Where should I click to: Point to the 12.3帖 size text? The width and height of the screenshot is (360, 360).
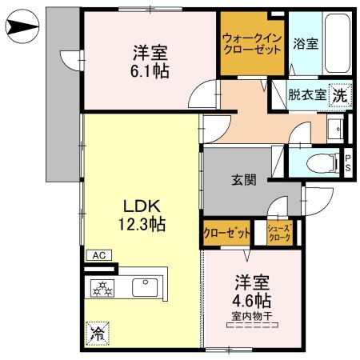point(142,225)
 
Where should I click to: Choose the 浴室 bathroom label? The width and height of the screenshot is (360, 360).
point(306,43)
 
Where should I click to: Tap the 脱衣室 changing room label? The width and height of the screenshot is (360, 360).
point(307,94)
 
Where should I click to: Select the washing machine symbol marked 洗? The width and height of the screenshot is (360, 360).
point(339,94)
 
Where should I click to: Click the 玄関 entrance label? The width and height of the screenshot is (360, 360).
point(244,181)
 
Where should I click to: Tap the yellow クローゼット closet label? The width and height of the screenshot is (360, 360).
point(227,232)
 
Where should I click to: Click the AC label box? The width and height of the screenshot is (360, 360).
point(99,255)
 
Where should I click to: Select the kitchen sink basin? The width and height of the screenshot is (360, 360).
point(145,286)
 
